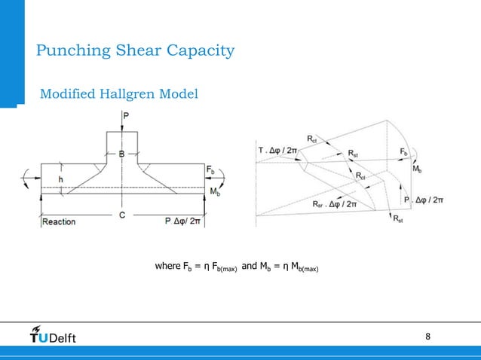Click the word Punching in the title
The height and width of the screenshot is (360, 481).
coord(69,51)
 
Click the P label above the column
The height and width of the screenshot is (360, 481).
coord(125,117)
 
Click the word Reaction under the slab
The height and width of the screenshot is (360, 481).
coord(59,221)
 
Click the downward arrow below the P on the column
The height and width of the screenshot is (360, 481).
coord(121,127)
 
